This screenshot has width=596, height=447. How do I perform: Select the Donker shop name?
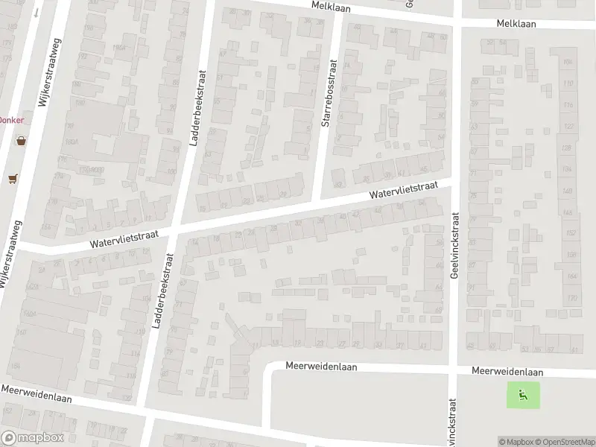tap(10, 119)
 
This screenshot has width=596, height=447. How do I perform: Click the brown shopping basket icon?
tap(21, 139)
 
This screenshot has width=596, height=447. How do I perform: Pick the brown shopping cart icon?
tap(12, 179)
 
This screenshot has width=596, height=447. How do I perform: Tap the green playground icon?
tap(523, 395)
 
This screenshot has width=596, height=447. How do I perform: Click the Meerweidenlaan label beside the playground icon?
tap(507, 372)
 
